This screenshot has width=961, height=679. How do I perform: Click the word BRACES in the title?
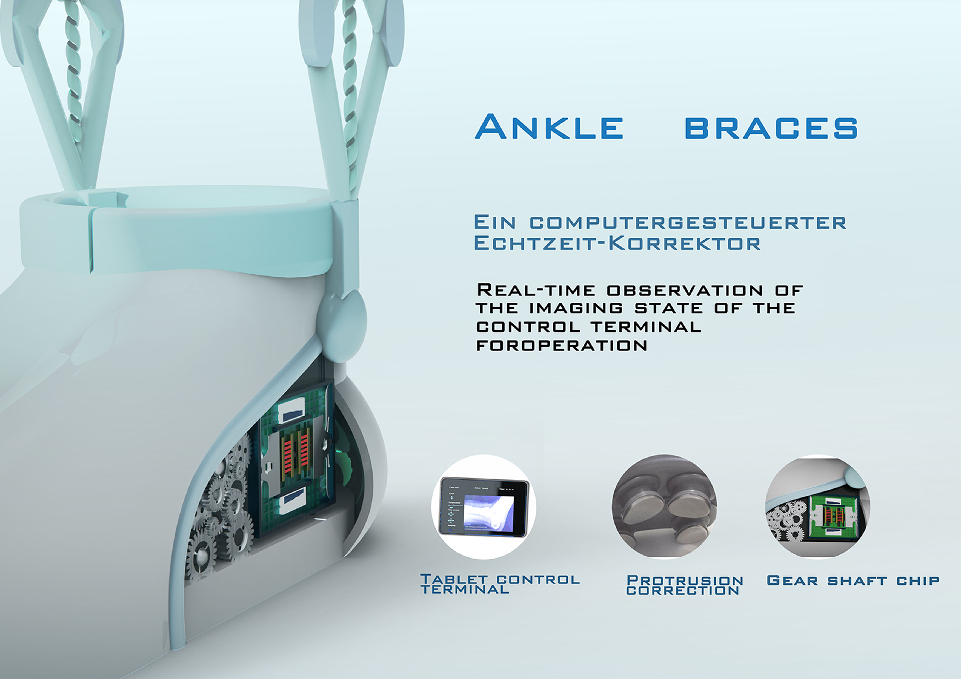[771, 128]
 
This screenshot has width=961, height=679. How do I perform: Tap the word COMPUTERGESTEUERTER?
[688, 223]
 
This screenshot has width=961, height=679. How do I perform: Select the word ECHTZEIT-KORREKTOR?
[617, 243]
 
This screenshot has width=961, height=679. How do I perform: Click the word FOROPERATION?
[562, 346]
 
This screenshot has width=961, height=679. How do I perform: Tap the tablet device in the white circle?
[484, 507]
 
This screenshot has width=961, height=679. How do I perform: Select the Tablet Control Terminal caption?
[500, 584]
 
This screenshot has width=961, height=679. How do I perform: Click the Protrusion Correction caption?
[684, 585]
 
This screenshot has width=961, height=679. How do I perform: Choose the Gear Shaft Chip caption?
[853, 581]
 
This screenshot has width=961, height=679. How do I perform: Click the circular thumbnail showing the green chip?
[817, 507]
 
